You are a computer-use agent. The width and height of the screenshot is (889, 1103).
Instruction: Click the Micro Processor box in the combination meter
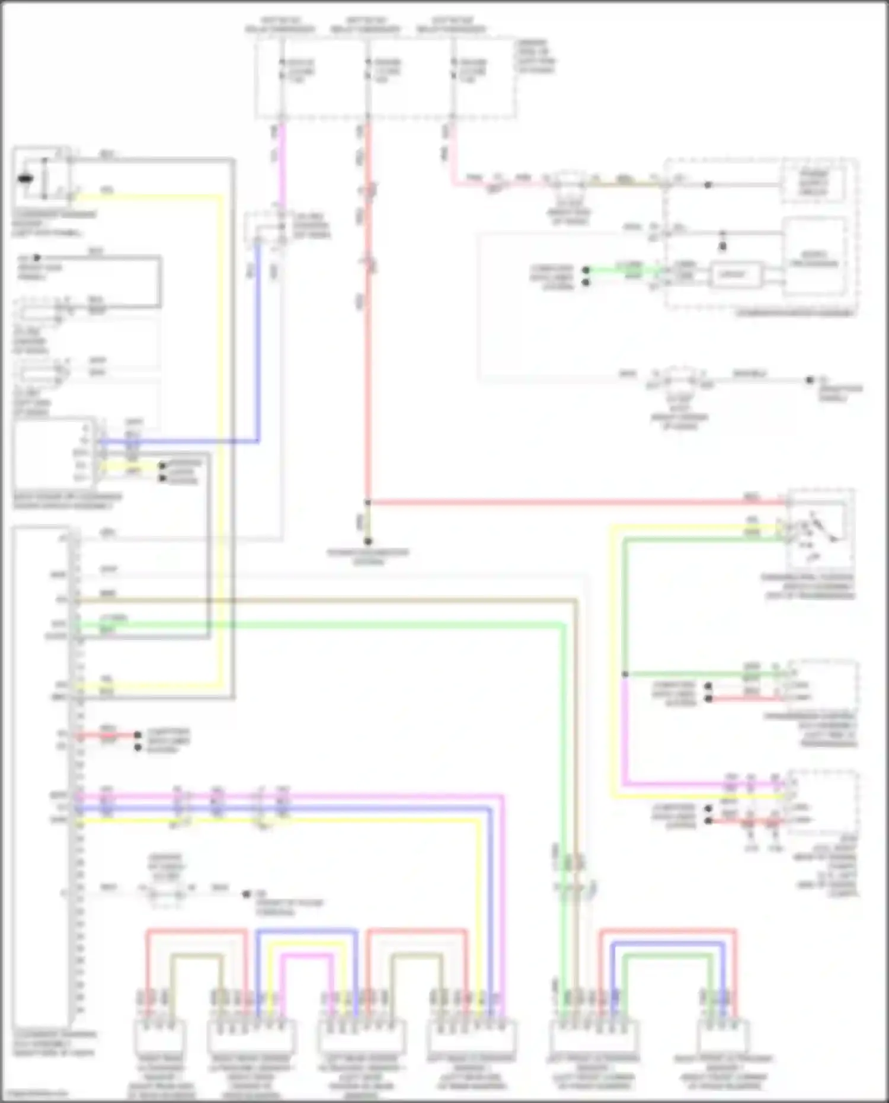[814, 258]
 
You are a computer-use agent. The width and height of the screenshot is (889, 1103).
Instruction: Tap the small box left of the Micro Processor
[735, 274]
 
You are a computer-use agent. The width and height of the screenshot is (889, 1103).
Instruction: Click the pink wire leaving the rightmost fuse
[453, 154]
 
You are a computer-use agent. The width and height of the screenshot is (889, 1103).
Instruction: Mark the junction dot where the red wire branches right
[368, 503]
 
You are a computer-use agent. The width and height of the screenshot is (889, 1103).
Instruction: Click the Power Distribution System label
[368, 557]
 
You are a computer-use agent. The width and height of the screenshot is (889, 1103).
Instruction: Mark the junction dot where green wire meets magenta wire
[625, 674]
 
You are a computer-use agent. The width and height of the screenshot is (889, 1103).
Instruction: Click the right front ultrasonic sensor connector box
[723, 1035]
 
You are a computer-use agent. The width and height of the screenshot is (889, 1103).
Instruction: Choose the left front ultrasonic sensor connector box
[593, 1035]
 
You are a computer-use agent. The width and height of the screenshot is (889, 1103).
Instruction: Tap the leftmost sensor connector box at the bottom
[160, 1035]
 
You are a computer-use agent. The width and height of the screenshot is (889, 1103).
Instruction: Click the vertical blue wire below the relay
[258, 344]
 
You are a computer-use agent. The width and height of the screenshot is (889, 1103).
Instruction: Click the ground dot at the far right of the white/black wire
[810, 380]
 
